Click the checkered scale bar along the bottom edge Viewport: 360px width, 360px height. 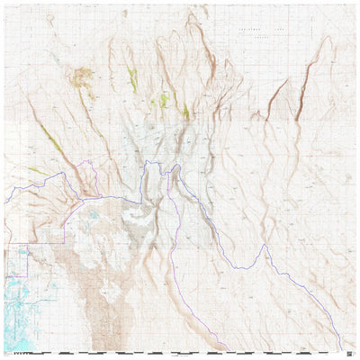(x=180, y=353)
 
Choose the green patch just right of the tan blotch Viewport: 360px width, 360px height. (x=132, y=78)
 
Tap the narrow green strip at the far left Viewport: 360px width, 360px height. (x=36, y=169)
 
